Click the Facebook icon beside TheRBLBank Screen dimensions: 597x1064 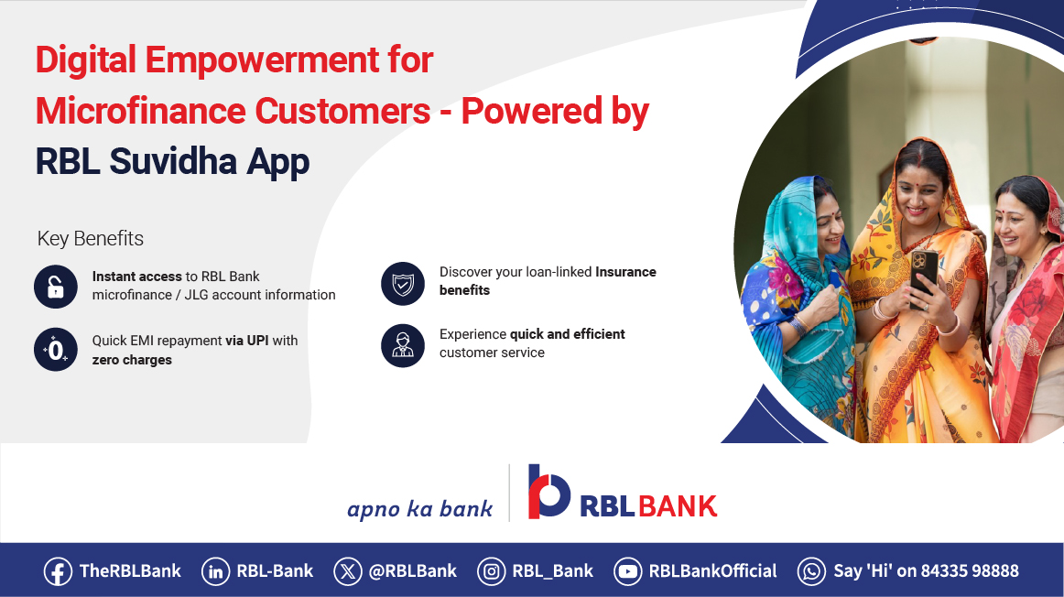(58, 571)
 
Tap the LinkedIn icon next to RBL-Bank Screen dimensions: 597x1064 (216, 571)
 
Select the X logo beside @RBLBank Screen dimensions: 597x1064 (348, 571)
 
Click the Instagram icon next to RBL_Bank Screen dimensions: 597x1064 (492, 571)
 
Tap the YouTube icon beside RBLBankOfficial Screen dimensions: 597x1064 (628, 571)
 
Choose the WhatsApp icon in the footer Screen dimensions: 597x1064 (811, 571)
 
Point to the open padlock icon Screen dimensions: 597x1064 (56, 286)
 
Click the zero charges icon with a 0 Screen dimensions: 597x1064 (56, 349)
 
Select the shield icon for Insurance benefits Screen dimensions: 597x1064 (403, 284)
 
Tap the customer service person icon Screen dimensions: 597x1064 (403, 345)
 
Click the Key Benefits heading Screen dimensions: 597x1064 (90, 239)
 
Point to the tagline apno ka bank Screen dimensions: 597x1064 (419, 508)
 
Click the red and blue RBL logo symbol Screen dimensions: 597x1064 (548, 492)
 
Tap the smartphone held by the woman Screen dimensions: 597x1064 (923, 271)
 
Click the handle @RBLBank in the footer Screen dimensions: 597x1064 (412, 571)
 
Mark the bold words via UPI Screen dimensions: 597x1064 (247, 341)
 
